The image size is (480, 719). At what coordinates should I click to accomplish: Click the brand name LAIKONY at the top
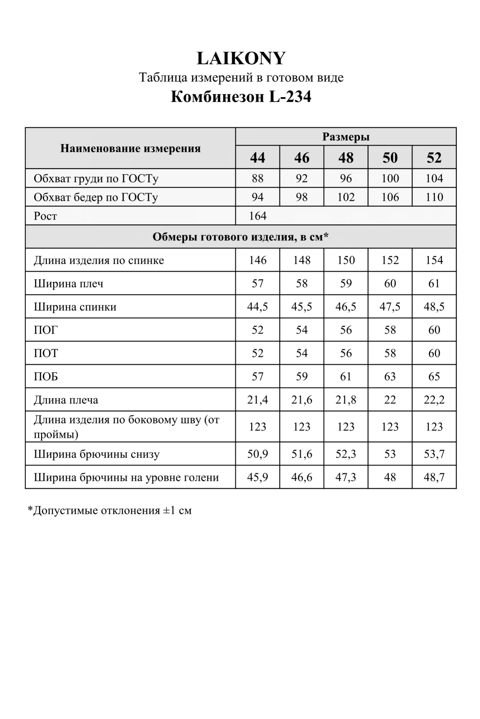coord(241,58)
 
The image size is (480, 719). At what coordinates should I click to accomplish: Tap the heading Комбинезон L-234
coord(241,97)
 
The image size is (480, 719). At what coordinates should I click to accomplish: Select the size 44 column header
coord(257,157)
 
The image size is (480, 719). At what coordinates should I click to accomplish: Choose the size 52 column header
coord(434,157)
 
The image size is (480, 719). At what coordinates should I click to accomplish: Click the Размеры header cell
coord(346,137)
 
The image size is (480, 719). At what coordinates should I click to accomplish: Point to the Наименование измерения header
coord(130,148)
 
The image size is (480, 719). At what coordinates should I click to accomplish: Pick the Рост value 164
coord(258,216)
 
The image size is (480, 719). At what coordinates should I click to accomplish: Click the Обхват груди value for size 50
coord(390,178)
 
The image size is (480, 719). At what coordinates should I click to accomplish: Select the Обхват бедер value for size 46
coord(302,197)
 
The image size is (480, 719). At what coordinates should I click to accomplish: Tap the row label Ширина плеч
coord(68,284)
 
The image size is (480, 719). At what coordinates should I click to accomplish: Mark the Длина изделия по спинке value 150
coord(346,260)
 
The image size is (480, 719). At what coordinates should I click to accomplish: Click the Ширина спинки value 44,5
coord(257,307)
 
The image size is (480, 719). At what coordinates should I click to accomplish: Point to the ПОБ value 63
coord(390,376)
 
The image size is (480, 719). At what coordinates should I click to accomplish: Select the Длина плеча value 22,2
coord(434,400)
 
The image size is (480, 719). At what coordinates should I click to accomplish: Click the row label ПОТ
coord(46,353)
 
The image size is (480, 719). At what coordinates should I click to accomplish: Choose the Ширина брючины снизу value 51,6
coord(302,454)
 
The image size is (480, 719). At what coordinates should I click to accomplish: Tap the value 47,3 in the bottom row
coord(346,477)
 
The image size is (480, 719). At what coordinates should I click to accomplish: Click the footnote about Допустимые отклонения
coord(109,510)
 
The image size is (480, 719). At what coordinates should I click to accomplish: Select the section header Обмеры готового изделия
coord(241,237)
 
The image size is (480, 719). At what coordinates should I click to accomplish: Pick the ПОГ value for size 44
coord(257,330)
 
